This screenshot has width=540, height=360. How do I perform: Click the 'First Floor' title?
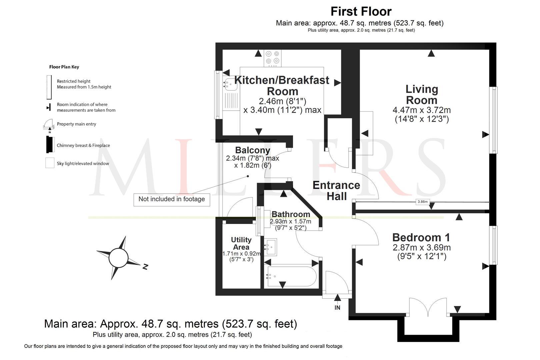361,12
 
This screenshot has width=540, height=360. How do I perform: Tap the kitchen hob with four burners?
273,58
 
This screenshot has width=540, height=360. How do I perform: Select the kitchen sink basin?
230,84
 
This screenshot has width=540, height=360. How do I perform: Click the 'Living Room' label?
421,95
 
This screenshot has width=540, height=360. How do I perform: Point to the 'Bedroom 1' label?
421,238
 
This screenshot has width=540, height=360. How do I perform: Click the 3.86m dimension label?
423,202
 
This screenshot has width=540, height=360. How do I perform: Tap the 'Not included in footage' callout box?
172,199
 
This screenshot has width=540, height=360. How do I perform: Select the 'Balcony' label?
252,150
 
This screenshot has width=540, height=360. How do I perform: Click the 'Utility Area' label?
241,243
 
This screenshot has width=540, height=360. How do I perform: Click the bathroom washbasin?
271,247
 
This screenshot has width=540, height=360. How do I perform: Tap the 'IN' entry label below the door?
337,308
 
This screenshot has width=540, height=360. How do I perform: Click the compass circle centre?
118,258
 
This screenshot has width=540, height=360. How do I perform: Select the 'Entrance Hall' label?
336,191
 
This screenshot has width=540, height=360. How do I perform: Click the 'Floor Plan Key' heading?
64,67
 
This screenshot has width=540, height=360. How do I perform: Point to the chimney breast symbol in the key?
50,144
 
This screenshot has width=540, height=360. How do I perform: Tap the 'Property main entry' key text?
76,124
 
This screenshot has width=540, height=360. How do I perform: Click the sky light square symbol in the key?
50,163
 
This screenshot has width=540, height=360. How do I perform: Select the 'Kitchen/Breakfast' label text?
282,80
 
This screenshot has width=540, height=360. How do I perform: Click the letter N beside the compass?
145,266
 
